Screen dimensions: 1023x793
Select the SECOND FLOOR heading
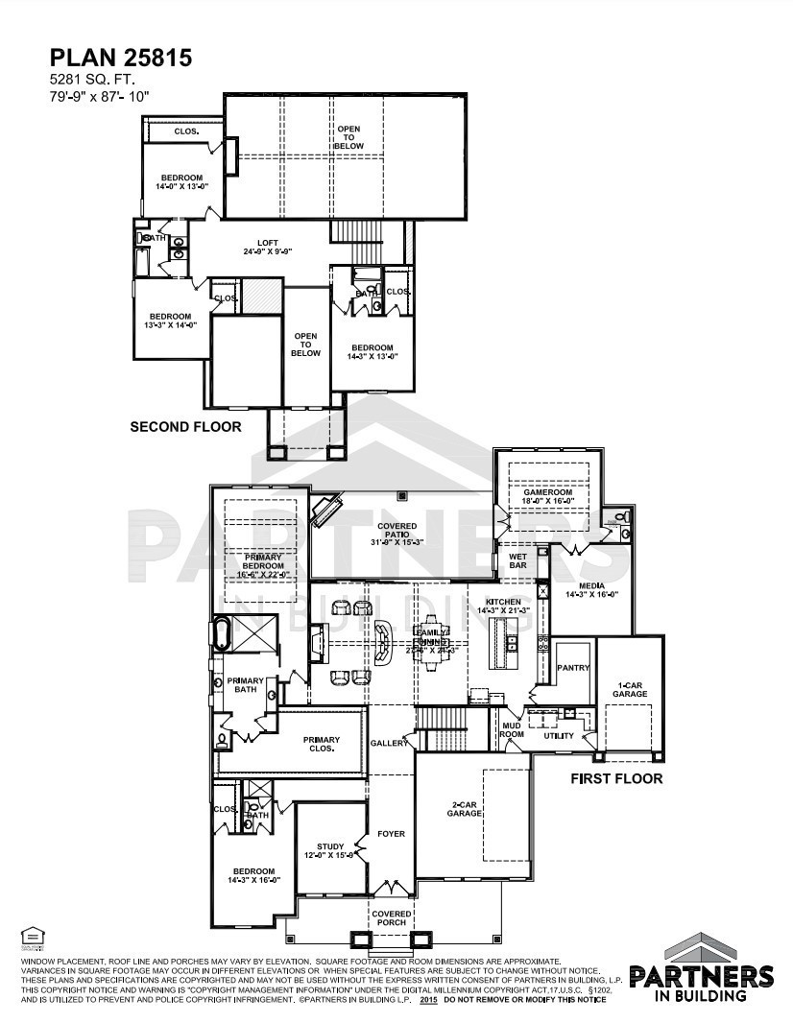click(185, 426)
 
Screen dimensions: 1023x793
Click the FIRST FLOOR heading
click(616, 778)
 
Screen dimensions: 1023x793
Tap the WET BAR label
click(517, 559)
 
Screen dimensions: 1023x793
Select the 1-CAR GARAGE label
click(630, 688)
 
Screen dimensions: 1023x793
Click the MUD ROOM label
click(512, 730)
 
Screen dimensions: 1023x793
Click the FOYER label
click(391, 833)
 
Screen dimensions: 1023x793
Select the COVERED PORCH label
click(392, 918)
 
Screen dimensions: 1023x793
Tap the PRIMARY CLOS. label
click(322, 744)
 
